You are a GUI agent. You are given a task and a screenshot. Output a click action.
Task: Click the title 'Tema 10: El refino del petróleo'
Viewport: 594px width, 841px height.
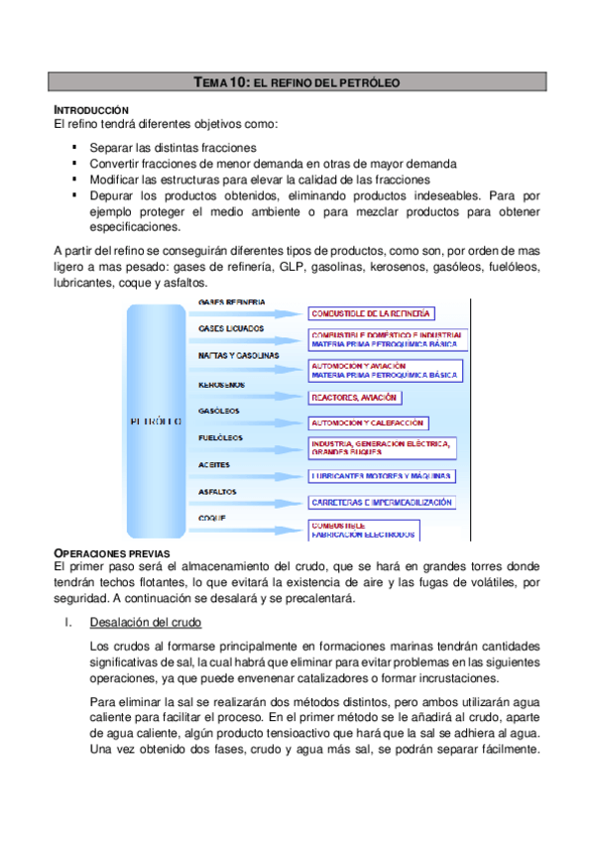coord(297,84)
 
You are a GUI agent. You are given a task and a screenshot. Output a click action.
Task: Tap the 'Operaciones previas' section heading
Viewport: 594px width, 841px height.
coord(111,551)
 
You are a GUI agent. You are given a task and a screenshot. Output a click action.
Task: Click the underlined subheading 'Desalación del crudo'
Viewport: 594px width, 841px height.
coord(145,623)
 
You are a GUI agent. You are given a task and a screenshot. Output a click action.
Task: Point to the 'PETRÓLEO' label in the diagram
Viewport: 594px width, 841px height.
coord(155,420)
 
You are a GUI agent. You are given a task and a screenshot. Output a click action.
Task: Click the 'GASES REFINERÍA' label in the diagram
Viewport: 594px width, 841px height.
coord(231,301)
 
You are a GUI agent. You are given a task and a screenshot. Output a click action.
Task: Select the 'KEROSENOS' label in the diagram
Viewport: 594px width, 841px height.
coord(222,385)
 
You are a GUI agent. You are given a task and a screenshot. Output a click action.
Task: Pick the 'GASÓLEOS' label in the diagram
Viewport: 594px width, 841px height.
coord(219,411)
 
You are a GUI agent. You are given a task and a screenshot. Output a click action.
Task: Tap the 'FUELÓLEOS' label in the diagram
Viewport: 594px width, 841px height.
coord(222,437)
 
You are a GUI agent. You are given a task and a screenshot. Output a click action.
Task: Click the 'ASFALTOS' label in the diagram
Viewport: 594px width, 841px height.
coord(217,491)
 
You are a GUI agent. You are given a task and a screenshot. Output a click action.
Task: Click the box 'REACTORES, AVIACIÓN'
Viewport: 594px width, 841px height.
coord(354,397)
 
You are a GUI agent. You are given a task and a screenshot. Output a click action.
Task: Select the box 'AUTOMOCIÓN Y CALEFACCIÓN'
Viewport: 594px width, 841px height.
coord(368,422)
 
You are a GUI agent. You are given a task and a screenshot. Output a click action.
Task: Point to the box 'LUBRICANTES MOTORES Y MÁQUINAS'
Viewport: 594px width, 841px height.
coord(381,476)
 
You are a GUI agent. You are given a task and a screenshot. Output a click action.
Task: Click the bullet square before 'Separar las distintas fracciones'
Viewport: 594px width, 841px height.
coord(74,147)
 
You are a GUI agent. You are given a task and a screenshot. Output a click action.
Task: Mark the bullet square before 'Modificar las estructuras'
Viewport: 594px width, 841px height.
coord(74,180)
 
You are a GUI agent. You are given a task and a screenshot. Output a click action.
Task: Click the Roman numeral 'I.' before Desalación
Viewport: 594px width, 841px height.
coord(66,623)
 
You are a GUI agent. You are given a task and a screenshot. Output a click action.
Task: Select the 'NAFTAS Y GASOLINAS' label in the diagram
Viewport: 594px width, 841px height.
coord(238,355)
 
